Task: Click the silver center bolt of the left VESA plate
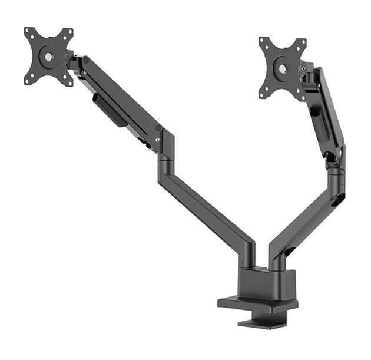coord(47,57)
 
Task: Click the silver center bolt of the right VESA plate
coord(282,68)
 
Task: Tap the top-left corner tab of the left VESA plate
coord(28,31)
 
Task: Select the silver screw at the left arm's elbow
coord(157,140)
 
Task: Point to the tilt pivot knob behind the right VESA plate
coord(304,68)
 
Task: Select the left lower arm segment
coord(206,206)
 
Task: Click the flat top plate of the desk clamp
coord(257,304)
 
